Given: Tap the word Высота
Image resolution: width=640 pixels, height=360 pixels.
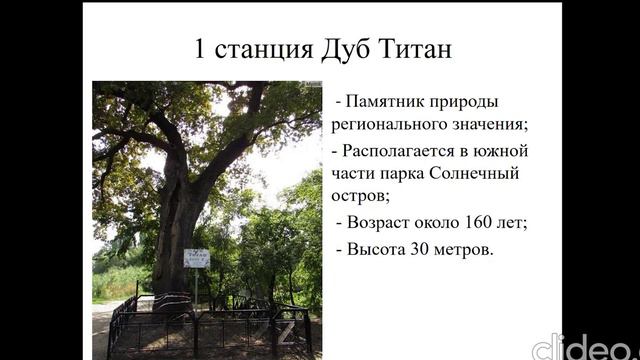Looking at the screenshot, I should point(380,248).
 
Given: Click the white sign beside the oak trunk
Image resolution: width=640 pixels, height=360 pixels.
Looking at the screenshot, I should point(196,258).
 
